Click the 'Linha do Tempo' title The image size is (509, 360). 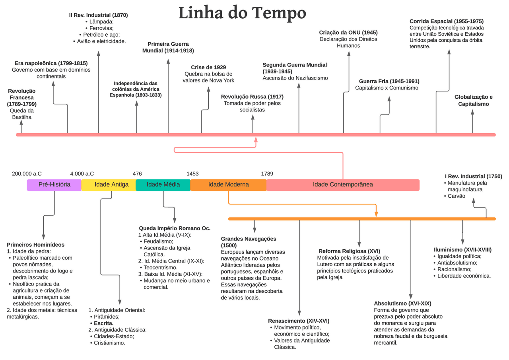242,13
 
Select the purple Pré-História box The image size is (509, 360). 54,185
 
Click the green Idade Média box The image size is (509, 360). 163,185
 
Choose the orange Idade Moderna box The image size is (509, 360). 229,185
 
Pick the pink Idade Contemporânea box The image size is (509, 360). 343,185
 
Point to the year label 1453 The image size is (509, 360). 192,174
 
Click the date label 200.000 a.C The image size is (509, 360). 27,174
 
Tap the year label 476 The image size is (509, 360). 137,174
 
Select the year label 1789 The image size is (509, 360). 267,174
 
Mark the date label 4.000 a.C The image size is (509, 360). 82,174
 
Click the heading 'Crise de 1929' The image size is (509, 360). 208,67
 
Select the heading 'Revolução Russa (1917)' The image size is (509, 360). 252,97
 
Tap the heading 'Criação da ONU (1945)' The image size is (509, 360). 348,33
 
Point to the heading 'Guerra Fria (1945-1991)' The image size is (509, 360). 389,81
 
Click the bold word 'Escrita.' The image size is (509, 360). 103,323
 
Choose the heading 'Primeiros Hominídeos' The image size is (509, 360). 35,245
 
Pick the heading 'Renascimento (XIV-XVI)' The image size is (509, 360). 299,321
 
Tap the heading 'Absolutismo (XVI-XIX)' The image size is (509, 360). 402,303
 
